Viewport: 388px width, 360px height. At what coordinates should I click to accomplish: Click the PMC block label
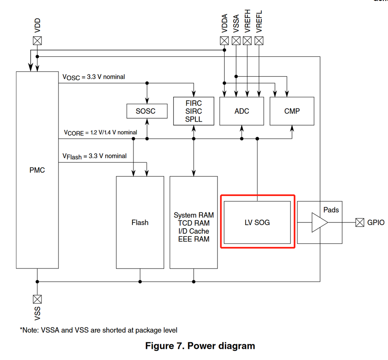tap(37, 170)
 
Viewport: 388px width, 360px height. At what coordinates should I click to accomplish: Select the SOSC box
tap(147, 111)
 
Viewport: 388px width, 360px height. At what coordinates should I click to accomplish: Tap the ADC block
tap(242, 111)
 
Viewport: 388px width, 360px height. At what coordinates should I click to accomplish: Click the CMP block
tap(292, 111)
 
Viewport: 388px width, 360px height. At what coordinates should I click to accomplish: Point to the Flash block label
tap(140, 223)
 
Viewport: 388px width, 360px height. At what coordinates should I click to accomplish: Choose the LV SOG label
tap(257, 223)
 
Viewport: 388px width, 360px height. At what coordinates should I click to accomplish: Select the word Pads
tap(331, 210)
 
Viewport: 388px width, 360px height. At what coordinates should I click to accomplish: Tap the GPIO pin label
tap(376, 223)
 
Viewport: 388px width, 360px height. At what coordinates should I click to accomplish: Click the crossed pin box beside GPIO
tap(360, 223)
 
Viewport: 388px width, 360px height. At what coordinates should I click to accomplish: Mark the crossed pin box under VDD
tap(37, 40)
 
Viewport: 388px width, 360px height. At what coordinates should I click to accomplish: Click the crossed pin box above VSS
tap(37, 299)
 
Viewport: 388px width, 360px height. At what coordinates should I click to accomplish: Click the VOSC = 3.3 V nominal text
tap(94, 77)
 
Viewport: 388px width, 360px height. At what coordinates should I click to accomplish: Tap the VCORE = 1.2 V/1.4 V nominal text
tap(100, 133)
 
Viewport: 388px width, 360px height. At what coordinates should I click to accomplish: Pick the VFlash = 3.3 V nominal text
tap(94, 156)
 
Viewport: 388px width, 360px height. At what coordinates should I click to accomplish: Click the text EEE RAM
tap(193, 239)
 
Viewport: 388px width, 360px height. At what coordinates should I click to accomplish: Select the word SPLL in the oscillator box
tap(193, 119)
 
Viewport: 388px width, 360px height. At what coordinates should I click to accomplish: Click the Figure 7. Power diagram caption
tap(200, 346)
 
